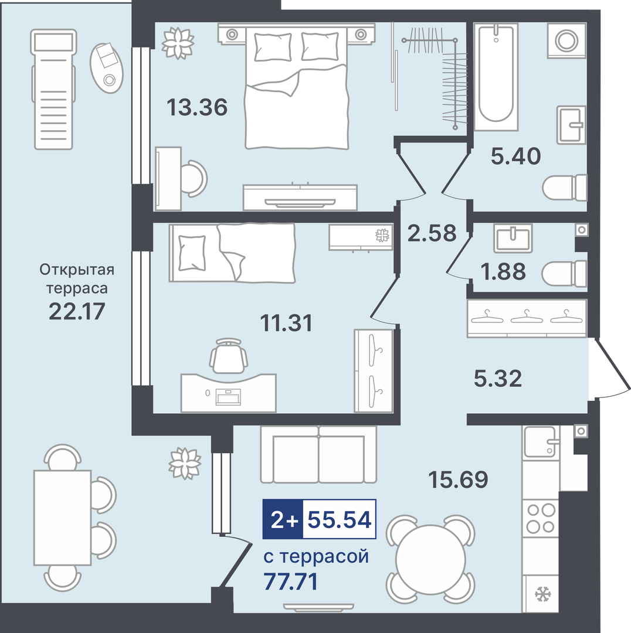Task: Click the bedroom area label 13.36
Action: (197, 107)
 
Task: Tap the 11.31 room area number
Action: (286, 323)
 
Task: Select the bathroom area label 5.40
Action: (516, 156)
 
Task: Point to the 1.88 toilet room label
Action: (503, 271)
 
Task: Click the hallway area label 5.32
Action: (498, 379)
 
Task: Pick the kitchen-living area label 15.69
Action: (458, 479)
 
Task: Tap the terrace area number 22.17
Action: (77, 311)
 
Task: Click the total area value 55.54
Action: (340, 519)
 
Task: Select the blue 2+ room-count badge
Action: (283, 519)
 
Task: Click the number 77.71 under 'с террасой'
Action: (291, 581)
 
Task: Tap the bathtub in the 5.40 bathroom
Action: (496, 77)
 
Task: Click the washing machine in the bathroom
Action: (566, 40)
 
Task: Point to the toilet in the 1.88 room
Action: (564, 274)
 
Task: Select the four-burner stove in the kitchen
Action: (541, 518)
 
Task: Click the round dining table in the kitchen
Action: (430, 559)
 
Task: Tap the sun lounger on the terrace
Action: (54, 89)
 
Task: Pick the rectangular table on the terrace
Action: (63, 518)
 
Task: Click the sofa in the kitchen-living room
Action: (319, 455)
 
